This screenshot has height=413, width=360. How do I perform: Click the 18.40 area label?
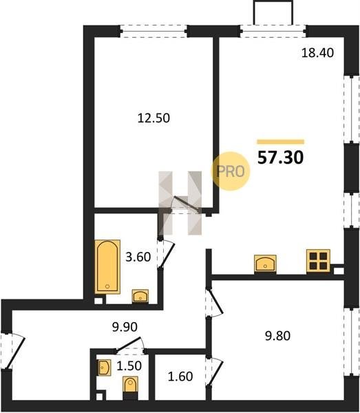(317, 53)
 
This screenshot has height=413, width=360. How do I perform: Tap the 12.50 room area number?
(153, 118)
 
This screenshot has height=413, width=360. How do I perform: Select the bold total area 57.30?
(280, 158)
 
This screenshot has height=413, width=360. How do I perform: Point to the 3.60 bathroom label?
(138, 257)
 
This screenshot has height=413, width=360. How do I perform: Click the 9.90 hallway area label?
(125, 327)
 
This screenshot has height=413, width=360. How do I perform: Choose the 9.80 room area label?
(277, 336)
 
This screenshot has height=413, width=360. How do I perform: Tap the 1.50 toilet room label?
(129, 366)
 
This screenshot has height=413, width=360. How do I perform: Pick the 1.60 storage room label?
(180, 377)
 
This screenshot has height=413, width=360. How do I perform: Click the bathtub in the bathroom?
(107, 266)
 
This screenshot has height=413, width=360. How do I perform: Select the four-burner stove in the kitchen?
(318, 261)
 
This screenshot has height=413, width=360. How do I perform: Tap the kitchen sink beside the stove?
(265, 263)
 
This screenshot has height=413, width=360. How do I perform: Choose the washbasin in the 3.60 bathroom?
(140, 296)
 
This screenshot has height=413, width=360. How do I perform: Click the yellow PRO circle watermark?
(231, 171)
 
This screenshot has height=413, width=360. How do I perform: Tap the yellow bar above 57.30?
(281, 142)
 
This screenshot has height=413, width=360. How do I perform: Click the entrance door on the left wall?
(13, 350)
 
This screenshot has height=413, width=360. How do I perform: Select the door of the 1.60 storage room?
(214, 371)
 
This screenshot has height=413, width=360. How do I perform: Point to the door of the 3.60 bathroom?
(166, 254)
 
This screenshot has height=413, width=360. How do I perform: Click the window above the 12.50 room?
(153, 32)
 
